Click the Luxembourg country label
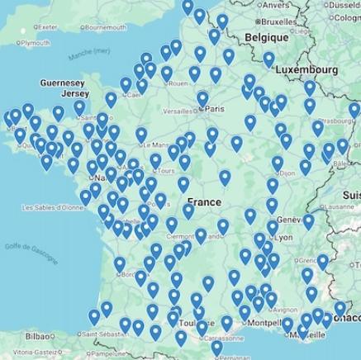(x=307, y=69)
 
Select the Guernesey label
(x=62, y=83)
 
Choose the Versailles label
(x=178, y=110)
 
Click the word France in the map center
(x=203, y=202)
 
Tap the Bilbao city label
(x=38, y=336)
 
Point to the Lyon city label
(x=283, y=237)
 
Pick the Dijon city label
(x=287, y=174)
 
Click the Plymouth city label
(x=34, y=42)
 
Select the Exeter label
(x=47, y=26)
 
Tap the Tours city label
(x=164, y=172)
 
